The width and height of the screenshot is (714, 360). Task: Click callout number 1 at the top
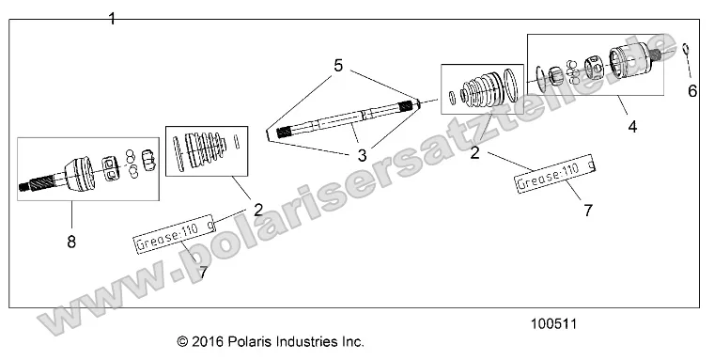coord(112,18)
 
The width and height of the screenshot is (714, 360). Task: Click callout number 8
coord(71,242)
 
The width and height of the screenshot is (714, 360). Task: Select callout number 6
coord(693,90)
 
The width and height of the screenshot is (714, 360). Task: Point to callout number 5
coord(338,65)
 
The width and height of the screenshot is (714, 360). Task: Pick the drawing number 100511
coord(553,321)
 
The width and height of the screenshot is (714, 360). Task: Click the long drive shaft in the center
coord(343,117)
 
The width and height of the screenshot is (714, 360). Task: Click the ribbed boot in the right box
coord(483,91)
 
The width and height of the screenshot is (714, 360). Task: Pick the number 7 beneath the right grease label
coord(588,211)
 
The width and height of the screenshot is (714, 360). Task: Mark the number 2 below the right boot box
coord(475,151)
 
